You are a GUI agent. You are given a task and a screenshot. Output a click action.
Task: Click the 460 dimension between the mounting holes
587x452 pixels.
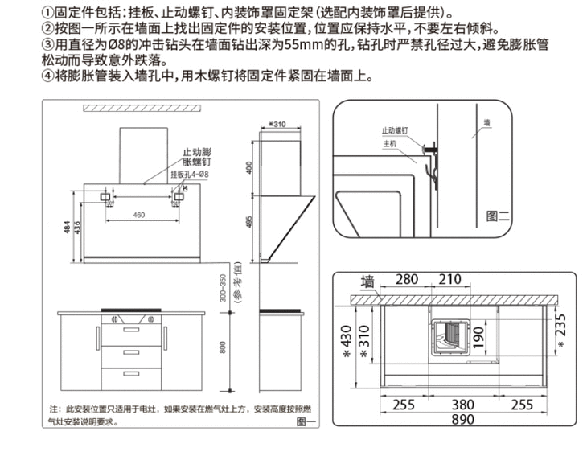tap(138, 214)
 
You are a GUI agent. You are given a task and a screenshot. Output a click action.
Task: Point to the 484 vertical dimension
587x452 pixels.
tap(67, 231)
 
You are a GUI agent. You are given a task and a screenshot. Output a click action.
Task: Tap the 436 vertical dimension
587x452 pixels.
tap(77, 229)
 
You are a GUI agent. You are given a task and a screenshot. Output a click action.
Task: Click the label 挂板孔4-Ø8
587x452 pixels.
tap(190, 175)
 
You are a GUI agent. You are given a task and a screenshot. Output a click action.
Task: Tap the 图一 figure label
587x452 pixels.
tap(304, 421)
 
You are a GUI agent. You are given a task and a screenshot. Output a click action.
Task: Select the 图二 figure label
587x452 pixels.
tap(499, 216)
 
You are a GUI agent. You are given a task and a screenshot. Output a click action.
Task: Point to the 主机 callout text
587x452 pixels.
tap(390, 142)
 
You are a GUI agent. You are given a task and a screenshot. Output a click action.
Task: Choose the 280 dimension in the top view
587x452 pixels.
tap(407, 279)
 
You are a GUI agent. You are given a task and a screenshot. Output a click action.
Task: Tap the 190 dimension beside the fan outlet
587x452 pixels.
tap(478, 335)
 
